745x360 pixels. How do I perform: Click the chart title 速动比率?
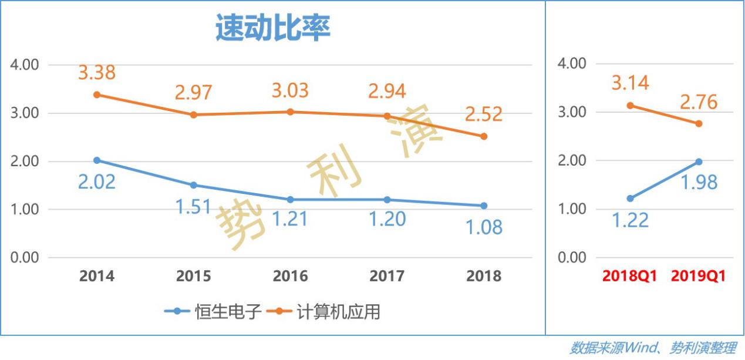[x=273, y=29]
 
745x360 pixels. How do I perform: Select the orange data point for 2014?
[x=97, y=95]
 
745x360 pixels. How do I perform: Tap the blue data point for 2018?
[x=484, y=206]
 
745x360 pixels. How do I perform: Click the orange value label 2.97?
[x=193, y=92]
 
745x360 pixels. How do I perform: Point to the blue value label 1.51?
[x=193, y=206]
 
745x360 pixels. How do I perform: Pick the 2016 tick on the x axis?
[x=290, y=276]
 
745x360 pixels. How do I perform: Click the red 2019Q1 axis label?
[x=698, y=276]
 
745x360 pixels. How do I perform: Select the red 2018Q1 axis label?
[x=631, y=276]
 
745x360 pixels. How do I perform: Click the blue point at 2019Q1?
[x=699, y=162]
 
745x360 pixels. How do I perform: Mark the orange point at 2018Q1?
[x=631, y=105]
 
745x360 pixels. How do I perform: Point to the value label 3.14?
[x=631, y=83]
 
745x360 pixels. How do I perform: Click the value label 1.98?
[x=699, y=182]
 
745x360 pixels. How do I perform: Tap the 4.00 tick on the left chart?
[x=25, y=65]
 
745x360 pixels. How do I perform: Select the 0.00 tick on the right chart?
[x=572, y=257]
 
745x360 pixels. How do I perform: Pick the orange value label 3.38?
[x=97, y=73]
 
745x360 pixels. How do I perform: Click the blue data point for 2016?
[x=290, y=200]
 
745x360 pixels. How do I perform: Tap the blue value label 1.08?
[x=484, y=227]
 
